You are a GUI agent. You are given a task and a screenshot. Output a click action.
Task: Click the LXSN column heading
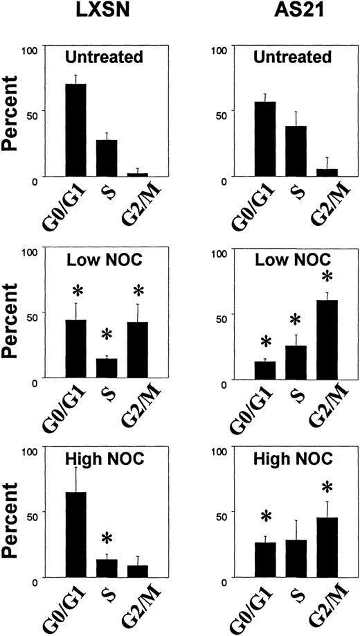pos(106,12)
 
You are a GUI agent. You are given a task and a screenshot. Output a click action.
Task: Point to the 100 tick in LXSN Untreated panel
pos(30,48)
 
